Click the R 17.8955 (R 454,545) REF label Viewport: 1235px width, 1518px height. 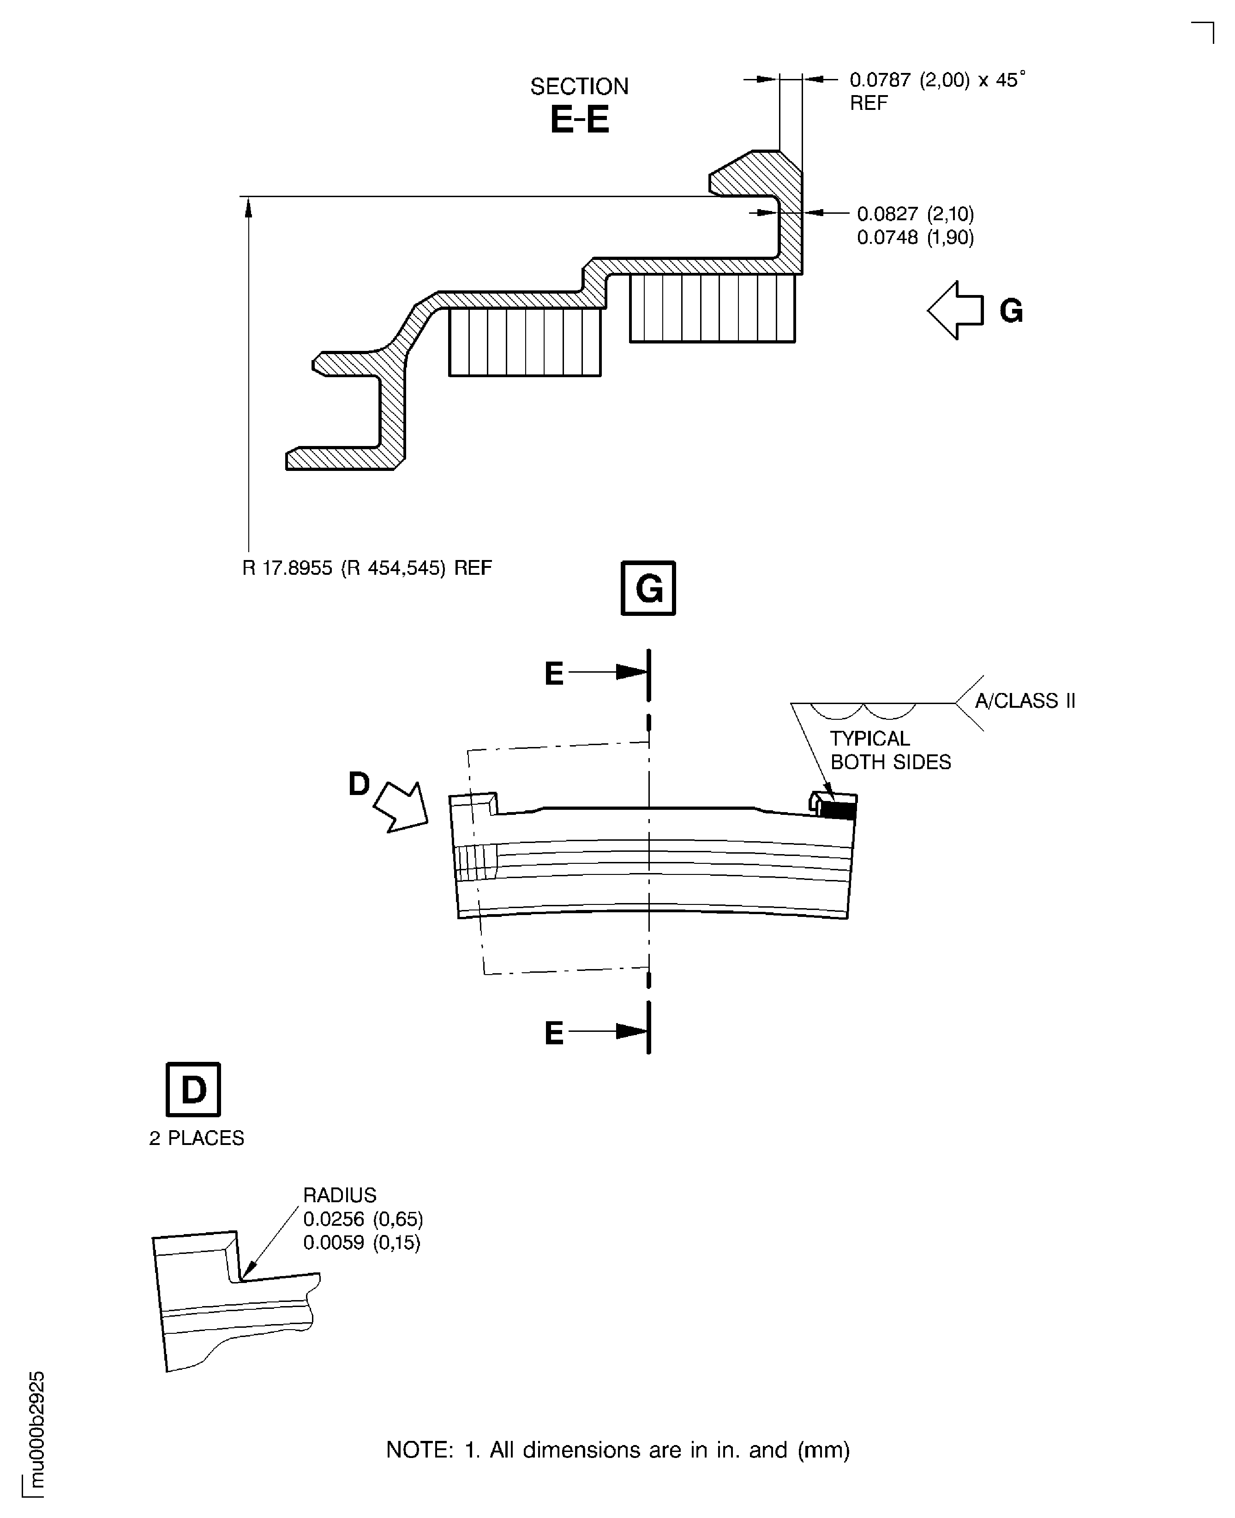click(367, 568)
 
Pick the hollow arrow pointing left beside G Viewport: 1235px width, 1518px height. click(955, 310)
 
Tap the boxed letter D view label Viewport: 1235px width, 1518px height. click(193, 1090)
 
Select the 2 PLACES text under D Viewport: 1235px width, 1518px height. click(196, 1138)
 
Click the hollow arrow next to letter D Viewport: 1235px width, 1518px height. click(401, 807)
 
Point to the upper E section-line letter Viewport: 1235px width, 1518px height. click(553, 673)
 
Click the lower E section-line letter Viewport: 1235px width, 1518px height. click(553, 1033)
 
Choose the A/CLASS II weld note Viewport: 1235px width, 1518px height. click(1025, 701)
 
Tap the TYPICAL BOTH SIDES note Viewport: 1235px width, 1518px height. click(891, 750)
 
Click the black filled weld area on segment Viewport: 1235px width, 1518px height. click(838, 810)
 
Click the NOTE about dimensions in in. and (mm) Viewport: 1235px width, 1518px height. click(617, 1450)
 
